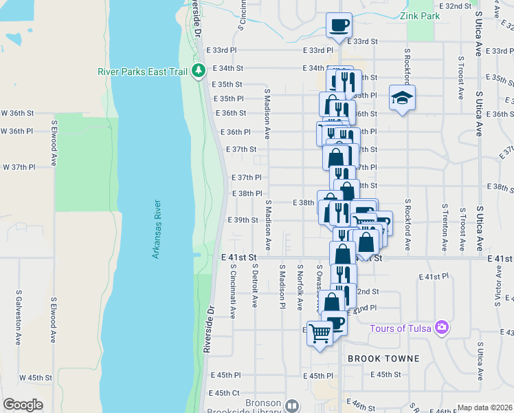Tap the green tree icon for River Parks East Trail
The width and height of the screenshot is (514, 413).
pyautogui.click(x=199, y=70)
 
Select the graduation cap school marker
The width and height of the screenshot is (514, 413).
pyautogui.click(x=402, y=98)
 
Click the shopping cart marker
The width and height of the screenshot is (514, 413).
pyautogui.click(x=320, y=334)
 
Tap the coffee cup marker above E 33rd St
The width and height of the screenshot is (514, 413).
pyautogui.click(x=339, y=25)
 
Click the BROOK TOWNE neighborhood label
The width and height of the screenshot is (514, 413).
pyautogui.click(x=383, y=359)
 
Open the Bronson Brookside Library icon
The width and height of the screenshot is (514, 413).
pyautogui.click(x=292, y=406)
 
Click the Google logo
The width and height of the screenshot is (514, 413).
pyautogui.click(x=23, y=405)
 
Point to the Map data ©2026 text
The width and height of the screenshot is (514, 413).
pyautogui.click(x=485, y=407)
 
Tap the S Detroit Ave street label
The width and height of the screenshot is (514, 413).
pyautogui.click(x=255, y=286)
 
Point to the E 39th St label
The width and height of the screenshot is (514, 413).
pyautogui.click(x=242, y=220)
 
